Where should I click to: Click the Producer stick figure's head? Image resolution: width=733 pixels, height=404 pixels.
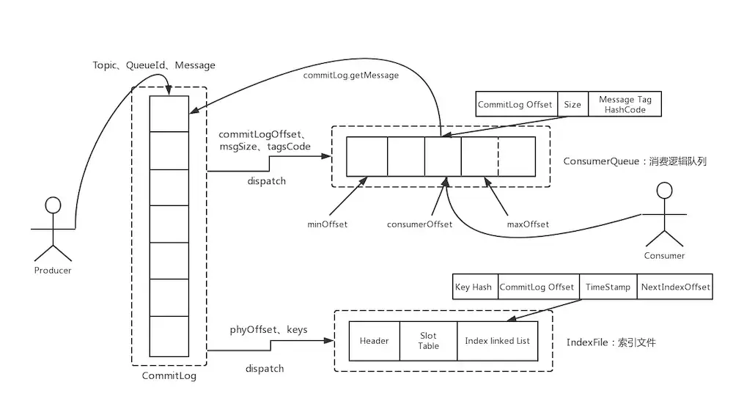pyautogui.click(x=52, y=205)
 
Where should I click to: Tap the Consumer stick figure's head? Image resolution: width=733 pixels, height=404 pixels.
pyautogui.click(x=664, y=191)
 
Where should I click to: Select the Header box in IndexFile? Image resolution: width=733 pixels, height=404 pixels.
pyautogui.click(x=374, y=341)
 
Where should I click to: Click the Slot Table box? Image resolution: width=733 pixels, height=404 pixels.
pyautogui.click(x=428, y=341)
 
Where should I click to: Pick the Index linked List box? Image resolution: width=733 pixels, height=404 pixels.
pyautogui.click(x=497, y=341)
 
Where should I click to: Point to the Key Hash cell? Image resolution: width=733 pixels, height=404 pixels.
pyautogui.click(x=474, y=287)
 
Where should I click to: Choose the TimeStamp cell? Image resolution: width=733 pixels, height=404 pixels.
pyautogui.click(x=608, y=287)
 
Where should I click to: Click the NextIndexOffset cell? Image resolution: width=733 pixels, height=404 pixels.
pyautogui.click(x=674, y=287)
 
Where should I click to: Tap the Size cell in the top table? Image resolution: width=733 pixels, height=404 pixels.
pyautogui.click(x=572, y=105)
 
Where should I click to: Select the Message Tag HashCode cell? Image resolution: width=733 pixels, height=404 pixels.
pyautogui.click(x=626, y=105)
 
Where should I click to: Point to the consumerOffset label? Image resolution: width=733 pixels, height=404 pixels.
pyautogui.click(x=420, y=224)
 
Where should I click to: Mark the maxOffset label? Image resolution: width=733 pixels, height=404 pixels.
pyautogui.click(x=528, y=224)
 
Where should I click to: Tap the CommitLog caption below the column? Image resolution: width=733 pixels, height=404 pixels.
pyautogui.click(x=169, y=376)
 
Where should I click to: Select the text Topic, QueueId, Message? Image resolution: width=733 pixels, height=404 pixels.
pyautogui.click(x=154, y=65)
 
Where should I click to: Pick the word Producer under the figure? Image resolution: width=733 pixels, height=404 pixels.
pyautogui.click(x=53, y=271)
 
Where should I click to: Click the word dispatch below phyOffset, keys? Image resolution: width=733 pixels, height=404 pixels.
pyautogui.click(x=265, y=368)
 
